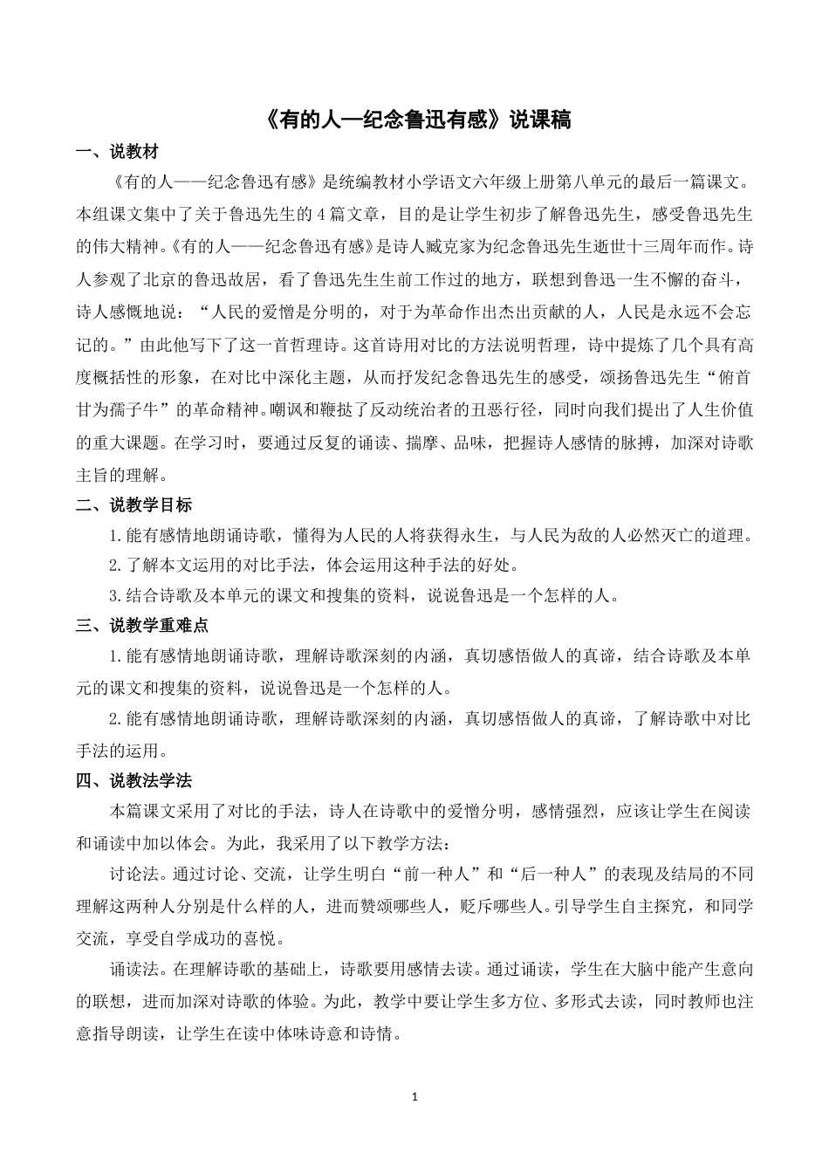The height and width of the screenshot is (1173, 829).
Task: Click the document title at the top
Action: (x=414, y=120)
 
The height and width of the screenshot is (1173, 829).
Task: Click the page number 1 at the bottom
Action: (x=415, y=1095)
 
